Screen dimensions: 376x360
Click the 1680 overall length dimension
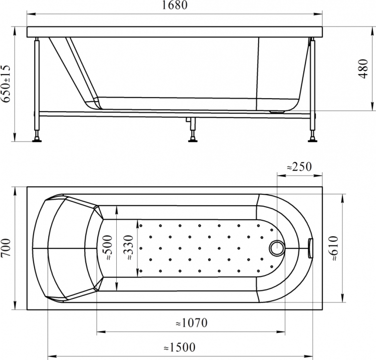(175, 5)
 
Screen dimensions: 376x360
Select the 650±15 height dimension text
(6, 84)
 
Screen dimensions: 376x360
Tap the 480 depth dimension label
(363, 69)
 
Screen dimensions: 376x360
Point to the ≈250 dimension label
(299, 167)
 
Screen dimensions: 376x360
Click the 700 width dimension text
(6, 248)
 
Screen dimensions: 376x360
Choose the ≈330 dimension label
(128, 248)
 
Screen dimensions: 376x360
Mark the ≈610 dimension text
(333, 248)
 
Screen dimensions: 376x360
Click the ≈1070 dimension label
(192, 323)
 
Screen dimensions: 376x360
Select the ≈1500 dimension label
(179, 347)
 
